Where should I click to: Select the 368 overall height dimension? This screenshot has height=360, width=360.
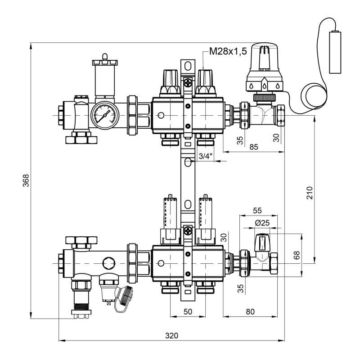tap(26, 180)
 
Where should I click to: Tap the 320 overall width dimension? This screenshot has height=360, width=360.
tap(171, 336)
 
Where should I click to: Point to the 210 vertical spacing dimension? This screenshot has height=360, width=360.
tap(310, 193)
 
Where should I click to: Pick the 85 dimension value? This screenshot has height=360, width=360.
tap(255, 147)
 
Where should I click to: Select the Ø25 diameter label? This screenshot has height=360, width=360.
tap(262, 223)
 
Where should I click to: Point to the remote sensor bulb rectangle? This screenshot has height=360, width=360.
tap(335, 52)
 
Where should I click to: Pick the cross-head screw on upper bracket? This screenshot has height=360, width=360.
tap(187, 82)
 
